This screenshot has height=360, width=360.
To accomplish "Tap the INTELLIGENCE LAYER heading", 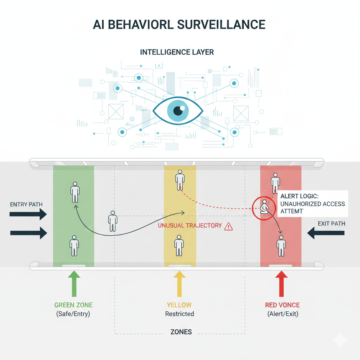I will (x=177, y=52).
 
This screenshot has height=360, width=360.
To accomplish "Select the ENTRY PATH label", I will (x=27, y=204).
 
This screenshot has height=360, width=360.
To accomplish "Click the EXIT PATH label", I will (x=331, y=224).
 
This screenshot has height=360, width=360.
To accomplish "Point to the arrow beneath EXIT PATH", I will (x=326, y=233).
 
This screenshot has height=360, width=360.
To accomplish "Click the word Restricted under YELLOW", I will (x=179, y=314).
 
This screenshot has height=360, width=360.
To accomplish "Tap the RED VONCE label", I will (x=282, y=305).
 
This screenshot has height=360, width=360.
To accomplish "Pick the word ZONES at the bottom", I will (x=181, y=332).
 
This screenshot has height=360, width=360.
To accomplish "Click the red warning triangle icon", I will (x=229, y=226).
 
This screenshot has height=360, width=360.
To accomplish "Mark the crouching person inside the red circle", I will (x=264, y=208).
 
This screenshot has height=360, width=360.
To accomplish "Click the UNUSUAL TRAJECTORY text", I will (x=190, y=226).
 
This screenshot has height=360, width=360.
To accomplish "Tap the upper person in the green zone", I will (x=75, y=192).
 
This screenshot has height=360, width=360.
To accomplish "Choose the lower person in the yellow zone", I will (x=179, y=245).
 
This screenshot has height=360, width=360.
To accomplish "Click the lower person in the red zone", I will (x=281, y=246).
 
